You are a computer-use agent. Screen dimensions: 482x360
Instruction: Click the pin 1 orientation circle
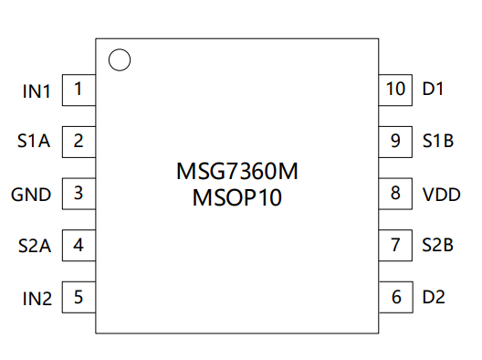pyautogui.click(x=120, y=49)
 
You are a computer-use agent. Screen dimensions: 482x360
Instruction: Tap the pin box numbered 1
pyautogui.click(x=79, y=90)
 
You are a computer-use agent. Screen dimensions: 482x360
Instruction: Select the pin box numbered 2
pyautogui.click(x=79, y=142)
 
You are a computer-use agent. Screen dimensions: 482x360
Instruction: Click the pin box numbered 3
pyautogui.click(x=79, y=194)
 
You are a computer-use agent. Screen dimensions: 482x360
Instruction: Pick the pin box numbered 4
pyautogui.click(x=79, y=246)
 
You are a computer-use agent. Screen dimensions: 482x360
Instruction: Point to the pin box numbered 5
pyautogui.click(x=79, y=297)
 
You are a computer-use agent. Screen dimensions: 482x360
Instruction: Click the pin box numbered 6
pyautogui.click(x=395, y=297)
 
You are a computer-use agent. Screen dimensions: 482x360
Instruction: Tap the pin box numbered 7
pyautogui.click(x=395, y=246)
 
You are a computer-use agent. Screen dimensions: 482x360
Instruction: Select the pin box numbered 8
pyautogui.click(x=395, y=194)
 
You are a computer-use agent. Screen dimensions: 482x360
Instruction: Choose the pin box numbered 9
pyautogui.click(x=395, y=142)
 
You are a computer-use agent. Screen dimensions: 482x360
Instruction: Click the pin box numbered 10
pyautogui.click(x=395, y=90)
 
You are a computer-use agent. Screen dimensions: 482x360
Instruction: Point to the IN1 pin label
pyautogui.click(x=37, y=91)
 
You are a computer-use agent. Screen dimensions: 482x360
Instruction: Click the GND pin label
pyautogui.click(x=31, y=195)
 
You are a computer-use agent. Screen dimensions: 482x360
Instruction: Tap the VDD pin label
pyautogui.click(x=442, y=195)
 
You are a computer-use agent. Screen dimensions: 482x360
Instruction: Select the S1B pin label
pyautogui.click(x=438, y=141)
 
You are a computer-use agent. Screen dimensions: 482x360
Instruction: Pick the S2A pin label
pyautogui.click(x=35, y=246)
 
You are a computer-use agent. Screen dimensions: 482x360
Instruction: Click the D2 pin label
pyautogui.click(x=434, y=297)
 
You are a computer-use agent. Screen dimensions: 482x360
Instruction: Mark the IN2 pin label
pyautogui.click(x=37, y=299)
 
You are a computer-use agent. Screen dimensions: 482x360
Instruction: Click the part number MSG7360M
pyautogui.click(x=237, y=171)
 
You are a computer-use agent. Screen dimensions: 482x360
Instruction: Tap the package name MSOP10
pyautogui.click(x=237, y=197)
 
